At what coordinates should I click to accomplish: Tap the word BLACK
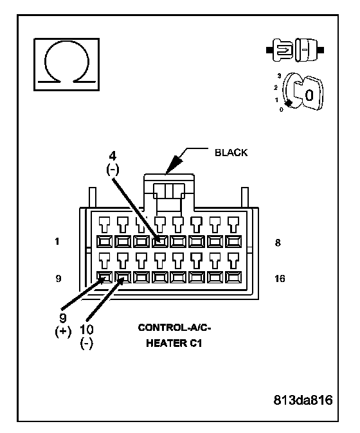coord(231,153)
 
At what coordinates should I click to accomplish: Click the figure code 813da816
coord(303,400)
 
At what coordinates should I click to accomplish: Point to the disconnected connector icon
coord(295,50)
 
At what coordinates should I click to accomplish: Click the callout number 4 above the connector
coord(113,156)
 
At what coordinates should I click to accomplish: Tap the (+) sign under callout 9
coord(63,331)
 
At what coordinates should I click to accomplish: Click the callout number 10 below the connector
coord(87,330)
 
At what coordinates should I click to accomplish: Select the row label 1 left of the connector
coord(57,242)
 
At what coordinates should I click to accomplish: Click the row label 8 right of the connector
coord(278,242)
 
